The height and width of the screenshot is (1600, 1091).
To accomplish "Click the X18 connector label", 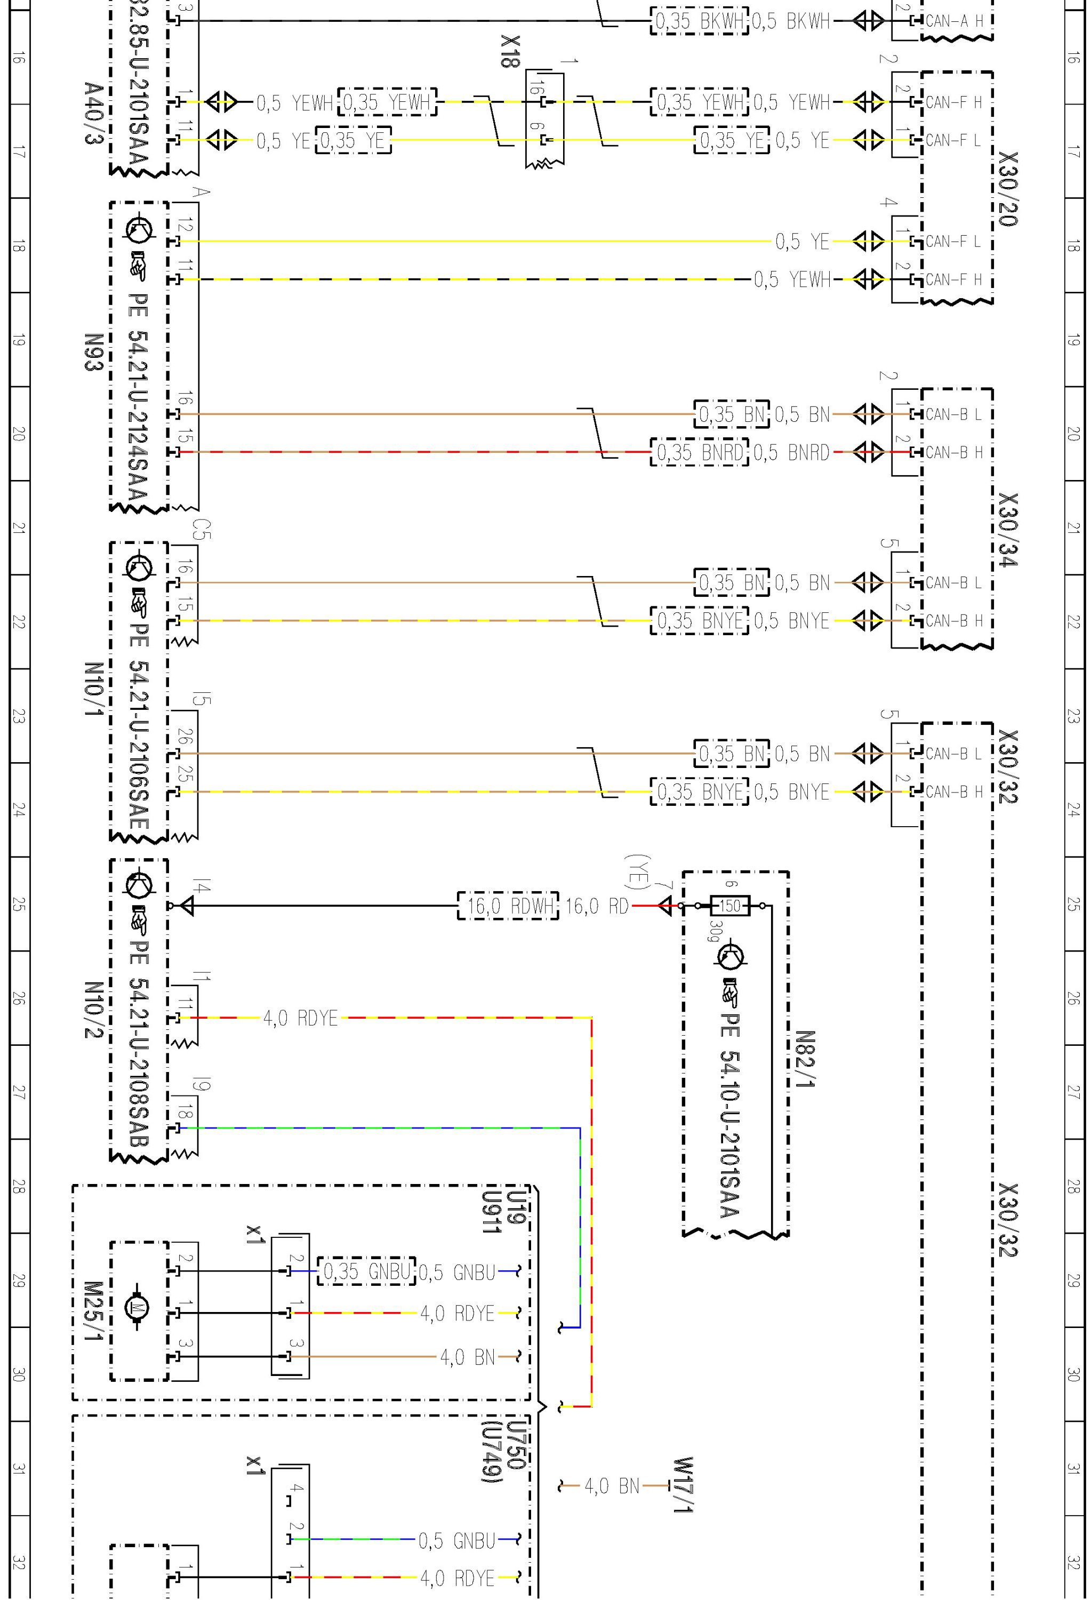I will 510,52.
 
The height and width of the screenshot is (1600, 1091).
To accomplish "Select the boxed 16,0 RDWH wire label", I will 508,906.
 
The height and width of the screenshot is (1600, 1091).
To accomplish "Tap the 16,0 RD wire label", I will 597,906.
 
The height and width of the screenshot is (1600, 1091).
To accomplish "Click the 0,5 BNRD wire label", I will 791,452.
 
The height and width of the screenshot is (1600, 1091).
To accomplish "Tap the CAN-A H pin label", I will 953,21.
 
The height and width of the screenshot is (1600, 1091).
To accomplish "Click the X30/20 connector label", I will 1008,189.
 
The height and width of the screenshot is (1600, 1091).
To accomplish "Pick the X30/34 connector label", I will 1008,530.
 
